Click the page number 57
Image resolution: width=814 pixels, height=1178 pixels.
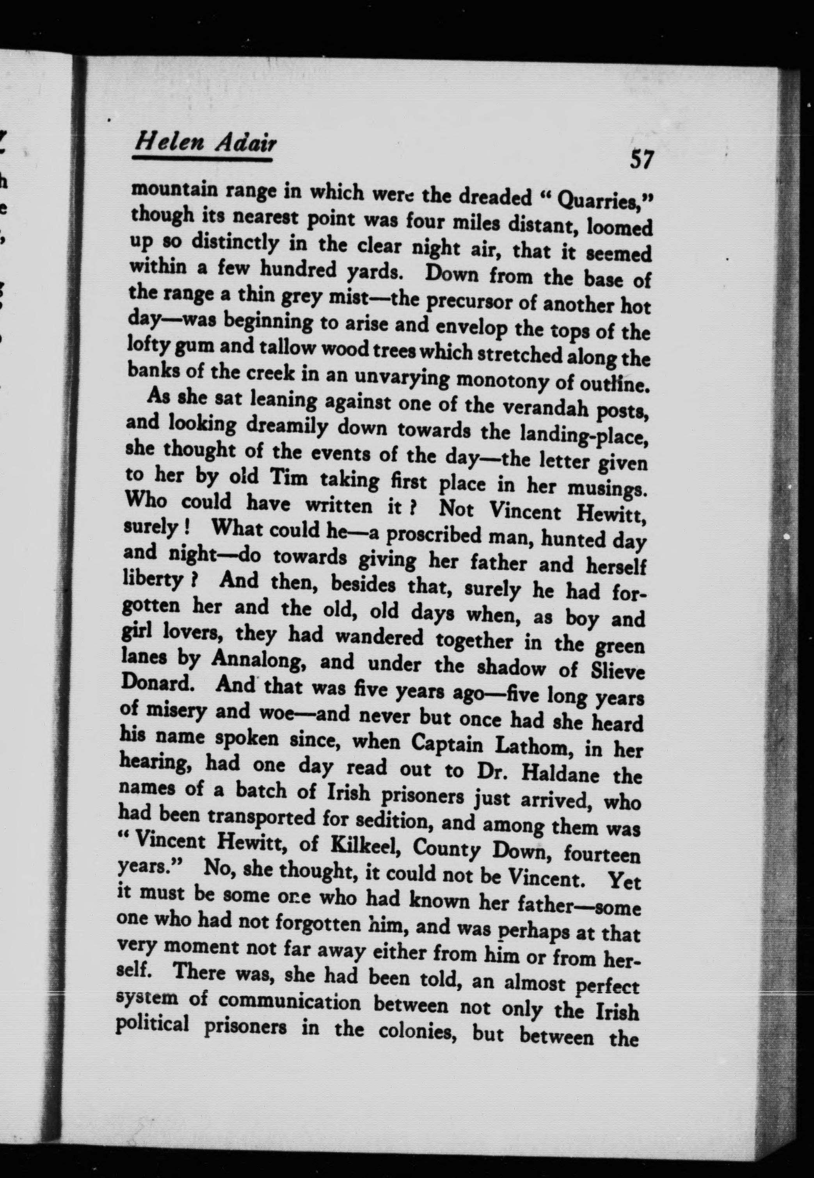pyautogui.click(x=641, y=160)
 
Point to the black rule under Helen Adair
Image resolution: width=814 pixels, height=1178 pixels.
pyautogui.click(x=202, y=160)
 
